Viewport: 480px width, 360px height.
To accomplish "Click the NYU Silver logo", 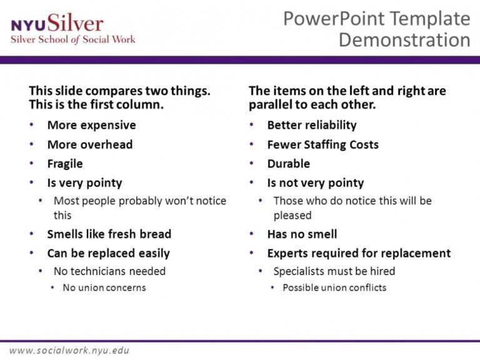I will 57,24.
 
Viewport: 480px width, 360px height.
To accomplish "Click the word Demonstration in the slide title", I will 404,40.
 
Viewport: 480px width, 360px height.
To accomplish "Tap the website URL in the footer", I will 69,350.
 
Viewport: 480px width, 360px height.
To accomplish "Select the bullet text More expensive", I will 91,125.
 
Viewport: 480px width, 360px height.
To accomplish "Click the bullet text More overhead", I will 90,144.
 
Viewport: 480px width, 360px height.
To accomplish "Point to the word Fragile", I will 65,164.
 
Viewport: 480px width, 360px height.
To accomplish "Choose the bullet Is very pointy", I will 84,183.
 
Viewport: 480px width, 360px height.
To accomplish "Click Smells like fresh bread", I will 109,234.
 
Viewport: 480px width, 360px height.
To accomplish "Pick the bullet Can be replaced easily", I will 108,254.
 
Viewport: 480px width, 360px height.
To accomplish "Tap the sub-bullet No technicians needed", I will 109,271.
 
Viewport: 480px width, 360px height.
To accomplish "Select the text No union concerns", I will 104,288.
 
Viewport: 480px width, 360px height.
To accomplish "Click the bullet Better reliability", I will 311,125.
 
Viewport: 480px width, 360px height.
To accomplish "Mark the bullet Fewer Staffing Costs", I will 322,144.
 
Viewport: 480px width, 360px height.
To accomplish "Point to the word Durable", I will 288,164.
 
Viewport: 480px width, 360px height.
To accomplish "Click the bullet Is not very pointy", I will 315,183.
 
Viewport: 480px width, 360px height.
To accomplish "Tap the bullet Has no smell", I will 302,234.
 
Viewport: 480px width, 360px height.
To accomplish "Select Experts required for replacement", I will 359,254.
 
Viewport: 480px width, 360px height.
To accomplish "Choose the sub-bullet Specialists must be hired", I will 334,271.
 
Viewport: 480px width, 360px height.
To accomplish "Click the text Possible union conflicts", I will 334,288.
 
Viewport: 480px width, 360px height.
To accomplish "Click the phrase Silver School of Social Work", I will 72,39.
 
